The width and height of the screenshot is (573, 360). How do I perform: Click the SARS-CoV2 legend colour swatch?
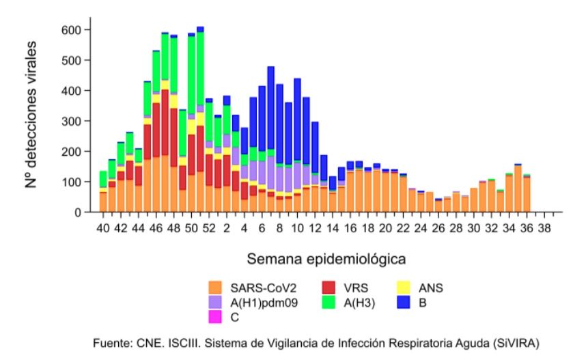[x=216, y=288]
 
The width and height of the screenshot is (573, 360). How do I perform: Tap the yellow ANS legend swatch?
[x=403, y=288]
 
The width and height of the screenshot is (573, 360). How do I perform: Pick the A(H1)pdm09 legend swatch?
[x=216, y=303]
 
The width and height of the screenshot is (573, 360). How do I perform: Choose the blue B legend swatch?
[x=403, y=303]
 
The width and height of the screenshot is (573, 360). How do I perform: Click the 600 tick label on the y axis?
[x=72, y=30]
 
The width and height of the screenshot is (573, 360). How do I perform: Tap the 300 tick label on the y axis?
[x=72, y=121]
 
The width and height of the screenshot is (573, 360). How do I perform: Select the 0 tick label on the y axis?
[x=78, y=212]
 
